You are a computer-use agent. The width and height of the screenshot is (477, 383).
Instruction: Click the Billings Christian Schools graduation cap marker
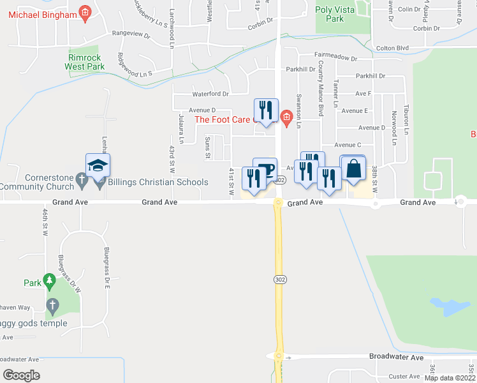click(98, 166)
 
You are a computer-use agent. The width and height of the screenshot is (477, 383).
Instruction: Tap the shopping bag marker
click(353, 169)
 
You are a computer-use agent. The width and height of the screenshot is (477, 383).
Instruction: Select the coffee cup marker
click(265, 169)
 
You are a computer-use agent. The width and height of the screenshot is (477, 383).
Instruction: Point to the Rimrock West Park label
click(85, 61)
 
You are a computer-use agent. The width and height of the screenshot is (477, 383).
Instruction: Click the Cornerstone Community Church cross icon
click(81, 180)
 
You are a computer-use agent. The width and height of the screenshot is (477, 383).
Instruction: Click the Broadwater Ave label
click(397, 357)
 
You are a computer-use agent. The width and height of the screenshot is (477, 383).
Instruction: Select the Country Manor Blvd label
click(321, 88)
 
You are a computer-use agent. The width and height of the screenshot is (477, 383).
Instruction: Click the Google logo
click(21, 375)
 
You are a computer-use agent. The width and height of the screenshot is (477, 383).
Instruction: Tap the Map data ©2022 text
click(450, 378)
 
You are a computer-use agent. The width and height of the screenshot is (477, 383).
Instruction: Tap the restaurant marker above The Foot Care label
click(265, 110)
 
